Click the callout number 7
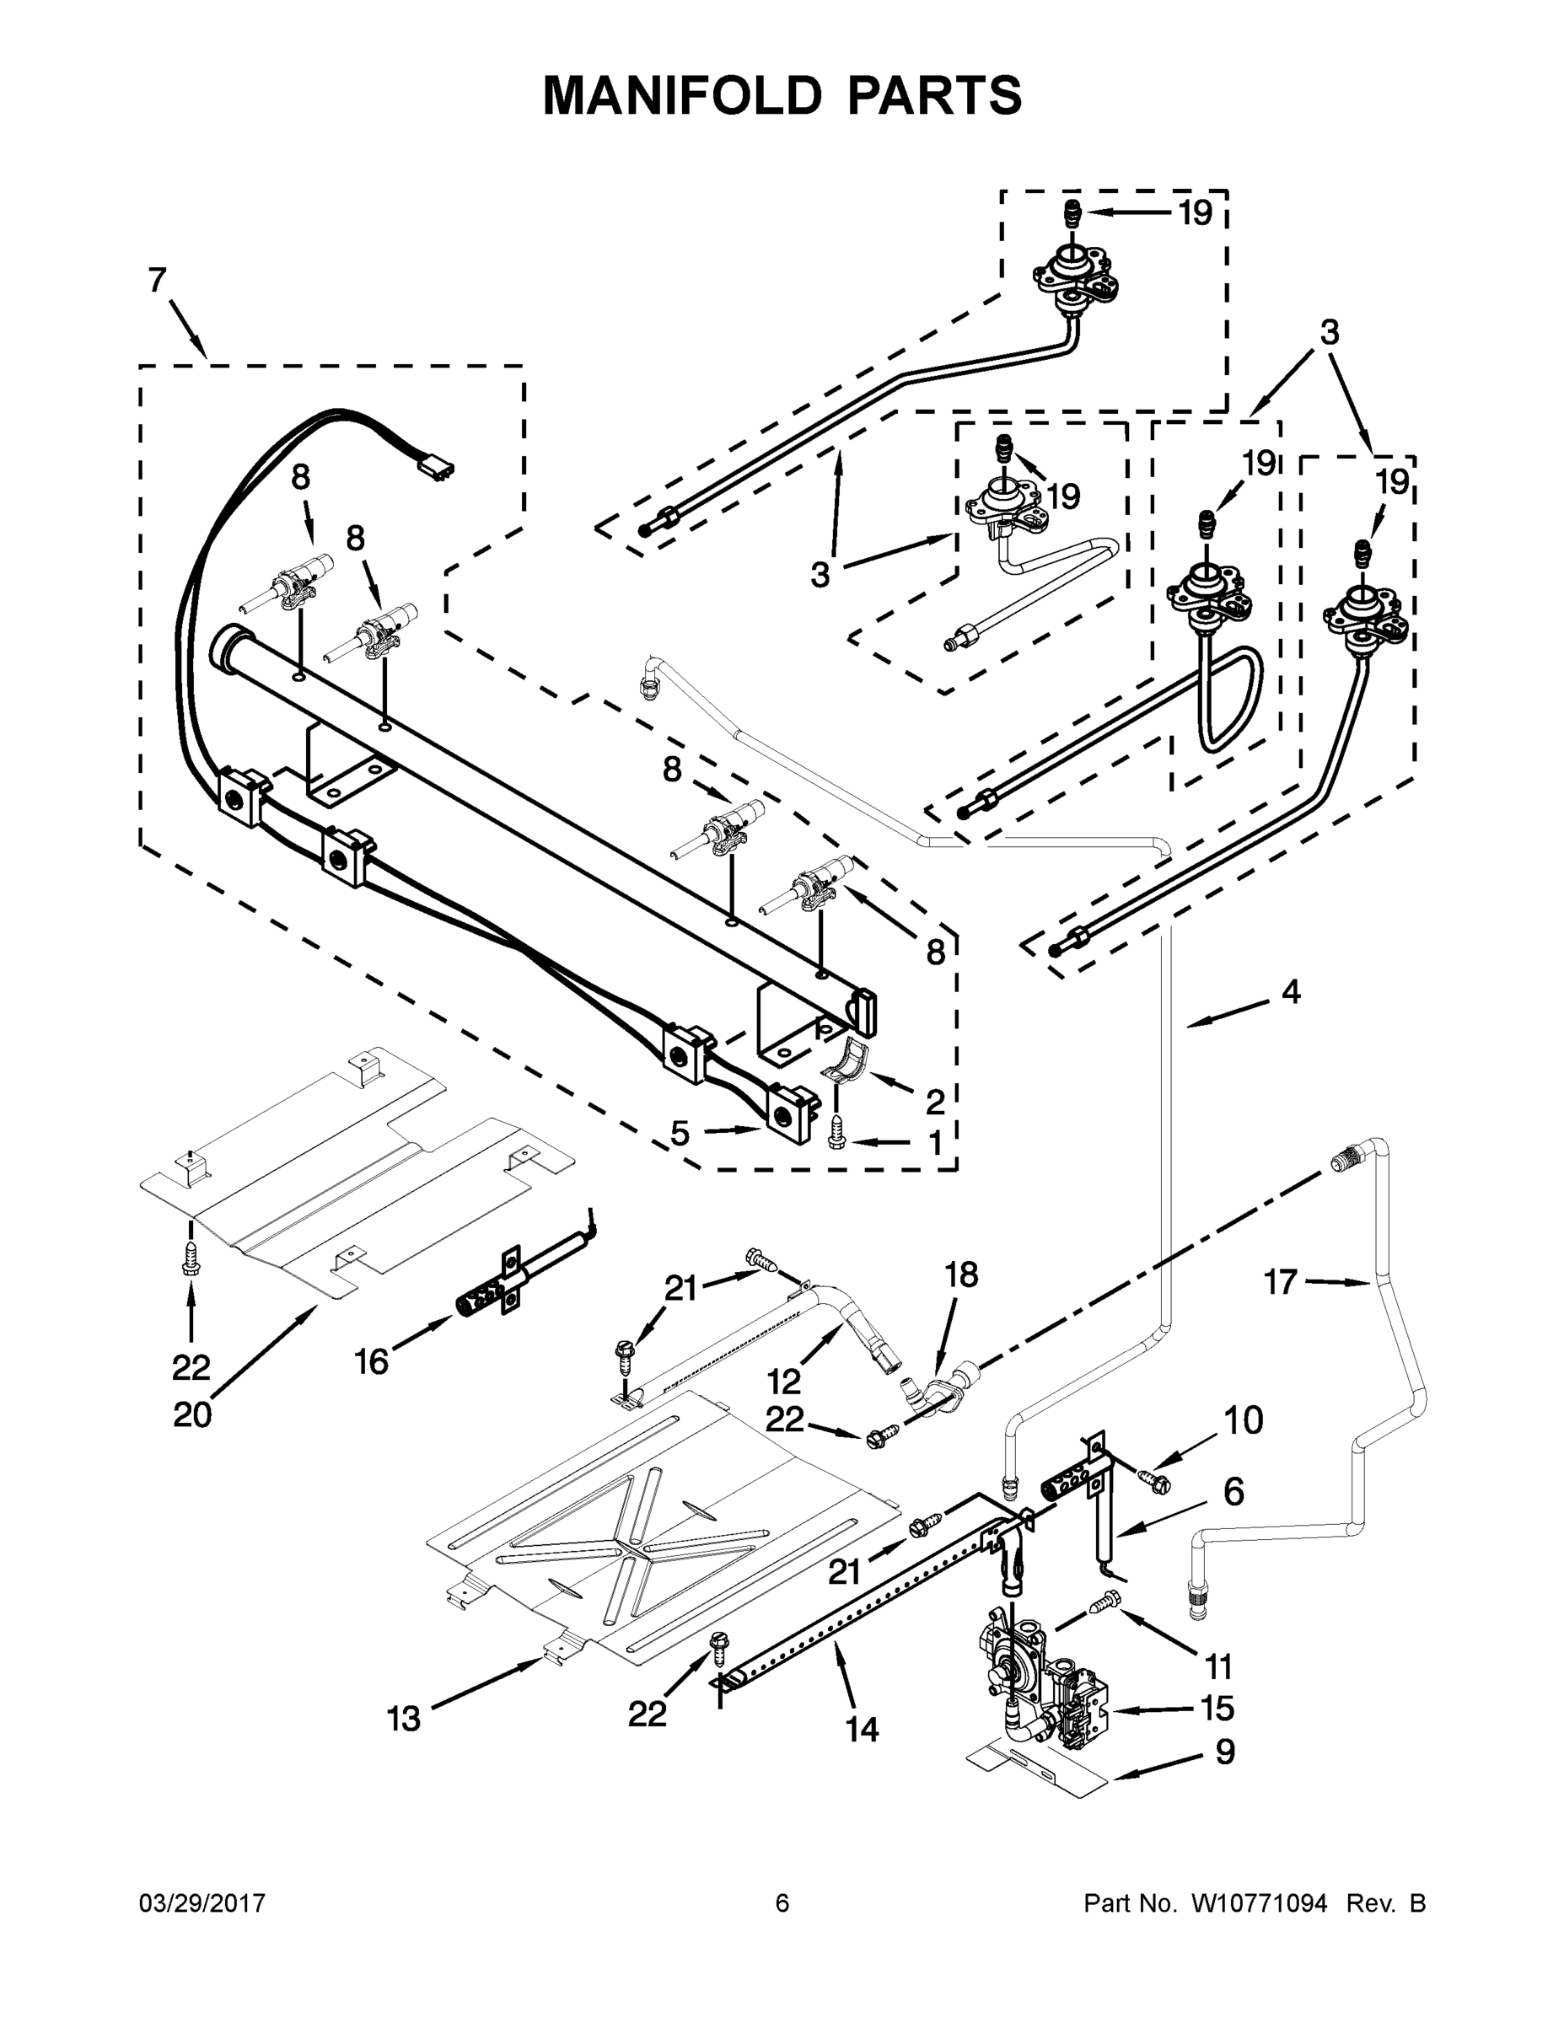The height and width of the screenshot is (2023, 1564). [x=159, y=280]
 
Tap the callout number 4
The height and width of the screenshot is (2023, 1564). [x=1291, y=991]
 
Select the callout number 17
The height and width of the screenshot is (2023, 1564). [x=1281, y=1282]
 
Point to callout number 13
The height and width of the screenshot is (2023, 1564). [x=404, y=1718]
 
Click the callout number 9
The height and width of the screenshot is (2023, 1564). [x=1225, y=1752]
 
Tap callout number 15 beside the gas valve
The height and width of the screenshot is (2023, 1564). [x=1217, y=1706]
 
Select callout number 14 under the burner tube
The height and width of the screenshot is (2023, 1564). [x=863, y=1729]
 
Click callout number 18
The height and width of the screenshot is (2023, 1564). [x=961, y=1275]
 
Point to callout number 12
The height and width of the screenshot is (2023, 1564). [x=784, y=1381]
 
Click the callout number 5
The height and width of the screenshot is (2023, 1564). [x=680, y=1133]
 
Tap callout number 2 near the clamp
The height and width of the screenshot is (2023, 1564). [x=935, y=1102]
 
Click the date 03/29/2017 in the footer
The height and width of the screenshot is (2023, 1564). [x=202, y=1902]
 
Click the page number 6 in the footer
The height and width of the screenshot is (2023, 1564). [x=782, y=1902]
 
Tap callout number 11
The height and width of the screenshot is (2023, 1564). [x=1218, y=1666]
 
